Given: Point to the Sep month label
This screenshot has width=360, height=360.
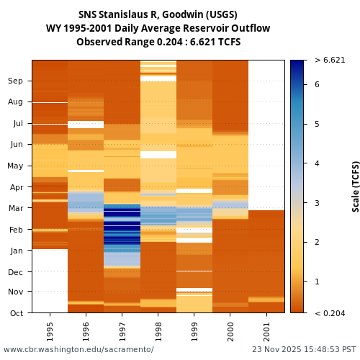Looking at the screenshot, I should point(16,81).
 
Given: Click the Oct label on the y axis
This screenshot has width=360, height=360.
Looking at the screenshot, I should point(16,313).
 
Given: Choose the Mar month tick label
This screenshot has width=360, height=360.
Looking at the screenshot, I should point(16,208).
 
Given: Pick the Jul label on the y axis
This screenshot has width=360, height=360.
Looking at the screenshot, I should point(17,123).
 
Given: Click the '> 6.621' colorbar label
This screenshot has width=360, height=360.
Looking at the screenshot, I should point(330,60).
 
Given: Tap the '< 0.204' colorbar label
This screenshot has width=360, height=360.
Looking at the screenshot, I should point(330,313).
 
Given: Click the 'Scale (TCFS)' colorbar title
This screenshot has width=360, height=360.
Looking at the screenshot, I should point(355,186).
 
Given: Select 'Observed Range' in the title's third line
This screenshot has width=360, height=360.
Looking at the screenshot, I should point(109,42).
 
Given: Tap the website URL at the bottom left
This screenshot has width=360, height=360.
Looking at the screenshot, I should point(78,349).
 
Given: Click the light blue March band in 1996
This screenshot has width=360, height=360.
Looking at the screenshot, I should point(86,201).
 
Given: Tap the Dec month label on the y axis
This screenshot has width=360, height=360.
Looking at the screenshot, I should point(16,271).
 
